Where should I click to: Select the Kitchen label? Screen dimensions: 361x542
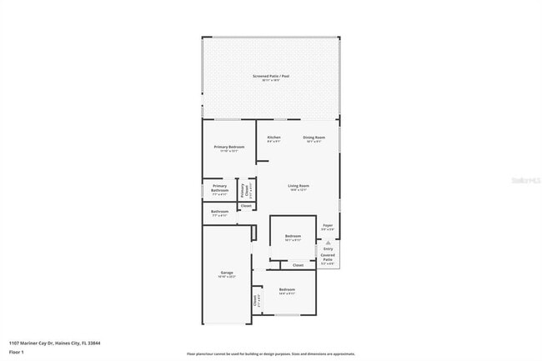(x=274, y=137)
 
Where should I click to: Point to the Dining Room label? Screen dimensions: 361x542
(x=314, y=137)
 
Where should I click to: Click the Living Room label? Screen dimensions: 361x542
(x=299, y=185)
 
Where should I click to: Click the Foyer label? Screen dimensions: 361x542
(x=328, y=225)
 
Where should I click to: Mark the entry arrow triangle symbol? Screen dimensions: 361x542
(x=328, y=242)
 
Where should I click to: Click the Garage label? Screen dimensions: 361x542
(x=226, y=273)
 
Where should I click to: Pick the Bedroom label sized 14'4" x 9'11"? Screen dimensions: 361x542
(x=287, y=291)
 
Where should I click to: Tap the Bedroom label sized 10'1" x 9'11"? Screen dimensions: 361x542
(x=293, y=236)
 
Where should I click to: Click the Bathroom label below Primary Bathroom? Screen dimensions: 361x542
(x=219, y=212)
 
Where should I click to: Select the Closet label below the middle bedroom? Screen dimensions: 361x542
(x=298, y=265)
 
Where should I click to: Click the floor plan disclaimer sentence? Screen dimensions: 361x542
(x=270, y=353)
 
